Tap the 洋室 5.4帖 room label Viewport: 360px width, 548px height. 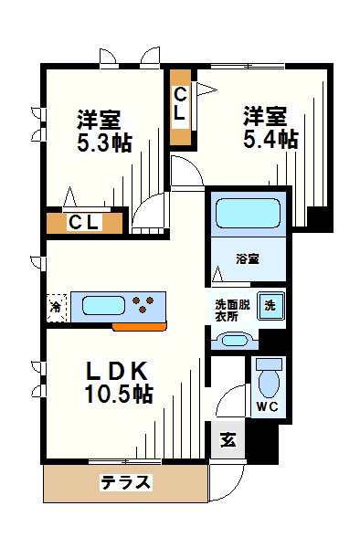[269, 127]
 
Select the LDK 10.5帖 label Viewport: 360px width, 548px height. [119, 383]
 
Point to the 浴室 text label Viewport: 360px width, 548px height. [247, 258]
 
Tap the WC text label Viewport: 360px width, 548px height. [268, 406]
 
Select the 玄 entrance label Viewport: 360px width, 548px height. [228, 439]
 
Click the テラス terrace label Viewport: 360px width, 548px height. [125, 483]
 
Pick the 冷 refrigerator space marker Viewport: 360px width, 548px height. [56, 306]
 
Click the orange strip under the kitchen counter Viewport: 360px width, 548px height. [138, 324]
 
